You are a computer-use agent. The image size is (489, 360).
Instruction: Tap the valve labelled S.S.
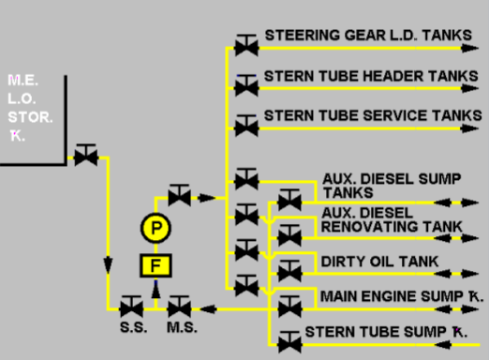click(131, 307)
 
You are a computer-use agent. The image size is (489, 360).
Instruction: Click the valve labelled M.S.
click(179, 307)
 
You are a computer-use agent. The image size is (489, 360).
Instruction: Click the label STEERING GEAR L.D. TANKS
click(368, 35)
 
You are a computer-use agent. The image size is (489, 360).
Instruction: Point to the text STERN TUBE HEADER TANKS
click(372, 75)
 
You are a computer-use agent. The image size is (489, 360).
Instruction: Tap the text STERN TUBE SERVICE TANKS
click(372, 115)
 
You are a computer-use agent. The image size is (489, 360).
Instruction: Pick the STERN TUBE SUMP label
click(384, 332)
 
